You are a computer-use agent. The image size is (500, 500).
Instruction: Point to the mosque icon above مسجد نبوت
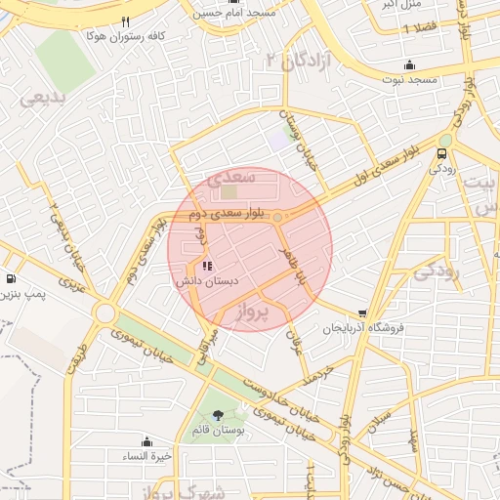pos(409,64)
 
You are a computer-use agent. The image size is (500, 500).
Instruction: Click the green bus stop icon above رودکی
pos(443,153)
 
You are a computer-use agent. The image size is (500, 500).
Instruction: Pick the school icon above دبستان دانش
pos(206,266)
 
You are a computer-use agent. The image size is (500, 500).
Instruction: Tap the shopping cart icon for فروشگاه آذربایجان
pos(362,313)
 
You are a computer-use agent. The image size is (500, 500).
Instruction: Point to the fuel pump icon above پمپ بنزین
pos(10,277)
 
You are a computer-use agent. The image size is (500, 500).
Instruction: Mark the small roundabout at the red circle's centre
pos(278,217)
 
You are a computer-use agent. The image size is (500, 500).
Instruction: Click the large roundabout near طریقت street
pos(104,312)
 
